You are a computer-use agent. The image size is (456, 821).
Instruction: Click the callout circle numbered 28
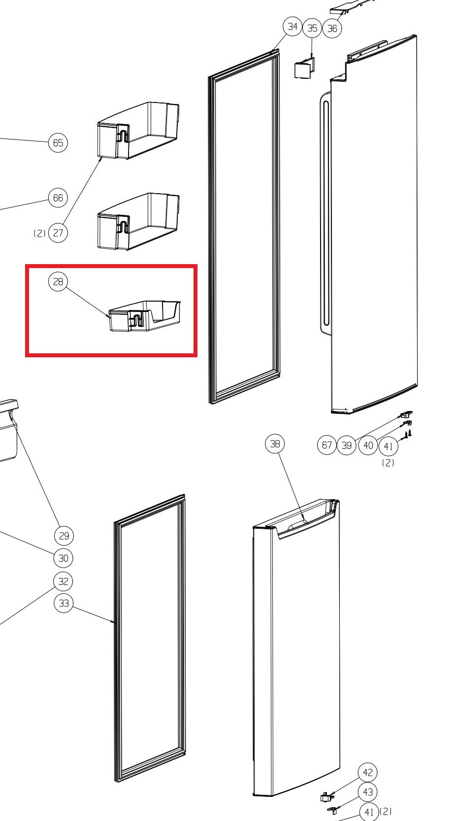(58, 281)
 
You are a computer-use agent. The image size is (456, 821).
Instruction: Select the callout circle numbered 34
(293, 27)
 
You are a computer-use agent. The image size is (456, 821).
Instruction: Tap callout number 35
(312, 28)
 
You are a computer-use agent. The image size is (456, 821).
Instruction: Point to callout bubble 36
(332, 29)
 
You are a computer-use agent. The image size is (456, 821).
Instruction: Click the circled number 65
(58, 142)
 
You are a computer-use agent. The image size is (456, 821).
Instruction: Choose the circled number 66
(58, 198)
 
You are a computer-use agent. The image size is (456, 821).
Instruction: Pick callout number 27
(58, 233)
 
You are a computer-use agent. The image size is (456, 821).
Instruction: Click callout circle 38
(275, 444)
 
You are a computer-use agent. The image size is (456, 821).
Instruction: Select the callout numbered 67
(326, 445)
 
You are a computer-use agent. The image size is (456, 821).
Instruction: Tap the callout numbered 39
(347, 445)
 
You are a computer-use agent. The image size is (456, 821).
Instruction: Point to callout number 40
(368, 445)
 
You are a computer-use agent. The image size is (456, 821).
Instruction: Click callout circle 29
(64, 536)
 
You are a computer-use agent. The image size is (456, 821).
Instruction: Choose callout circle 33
(64, 603)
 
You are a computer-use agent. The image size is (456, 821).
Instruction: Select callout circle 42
(368, 773)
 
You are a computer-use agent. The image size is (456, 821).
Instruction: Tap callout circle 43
(368, 792)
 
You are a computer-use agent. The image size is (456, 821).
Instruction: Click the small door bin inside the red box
(145, 316)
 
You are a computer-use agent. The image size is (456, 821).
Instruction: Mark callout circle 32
(64, 582)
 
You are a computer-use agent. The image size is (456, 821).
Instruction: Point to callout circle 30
(64, 558)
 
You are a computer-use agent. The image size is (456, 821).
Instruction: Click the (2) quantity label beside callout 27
(39, 233)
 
